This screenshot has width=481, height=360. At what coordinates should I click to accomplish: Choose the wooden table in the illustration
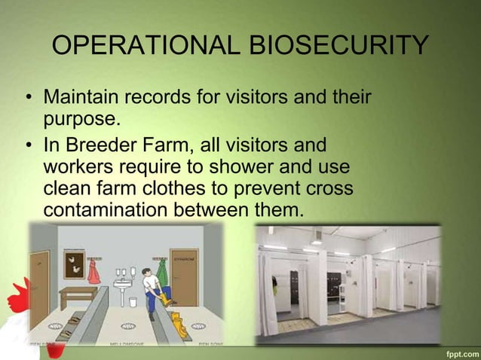(78, 296)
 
